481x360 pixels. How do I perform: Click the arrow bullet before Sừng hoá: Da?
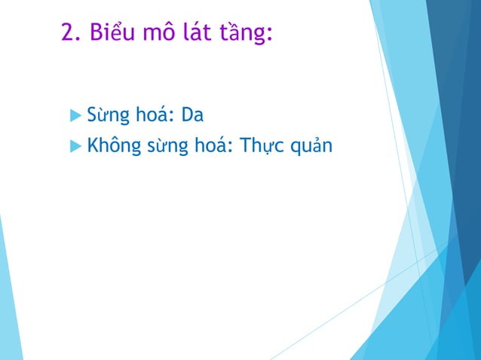pyautogui.click(x=75, y=116)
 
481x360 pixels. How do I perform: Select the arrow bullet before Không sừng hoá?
pyautogui.click(x=75, y=145)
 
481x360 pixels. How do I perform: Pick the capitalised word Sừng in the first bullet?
pyautogui.click(x=105, y=117)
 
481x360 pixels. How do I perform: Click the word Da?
pyautogui.click(x=194, y=116)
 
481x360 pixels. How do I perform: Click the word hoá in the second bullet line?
pyautogui.click(x=212, y=145)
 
